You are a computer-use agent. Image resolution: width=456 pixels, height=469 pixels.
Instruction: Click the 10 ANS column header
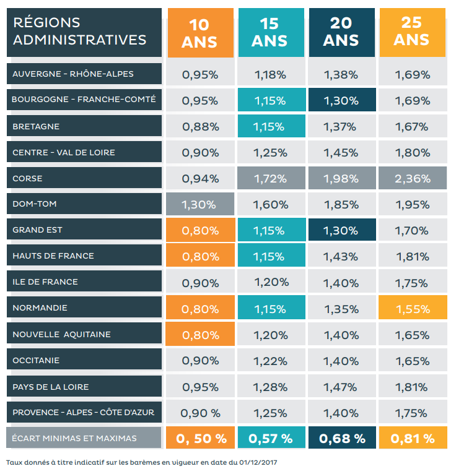pos(199,33)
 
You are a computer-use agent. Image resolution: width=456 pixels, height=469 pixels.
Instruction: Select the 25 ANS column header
pos(411,32)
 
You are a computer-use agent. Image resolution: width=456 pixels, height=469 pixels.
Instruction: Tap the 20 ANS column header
pos(341,32)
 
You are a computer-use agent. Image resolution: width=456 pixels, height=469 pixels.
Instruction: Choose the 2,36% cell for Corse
pos(413,179)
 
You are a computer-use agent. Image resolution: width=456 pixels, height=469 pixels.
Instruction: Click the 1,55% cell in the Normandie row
pos(413,309)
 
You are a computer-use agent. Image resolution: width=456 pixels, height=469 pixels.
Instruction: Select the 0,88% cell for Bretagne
pos(200,127)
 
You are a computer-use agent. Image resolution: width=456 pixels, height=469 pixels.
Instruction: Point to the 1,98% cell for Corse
pos(341,179)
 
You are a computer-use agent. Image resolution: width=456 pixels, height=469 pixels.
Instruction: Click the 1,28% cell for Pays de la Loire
pos(270,387)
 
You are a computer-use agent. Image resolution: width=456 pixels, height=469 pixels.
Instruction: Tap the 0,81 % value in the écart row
pos(412,439)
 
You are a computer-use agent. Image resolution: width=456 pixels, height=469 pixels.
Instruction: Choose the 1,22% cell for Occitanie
pos(270,361)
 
